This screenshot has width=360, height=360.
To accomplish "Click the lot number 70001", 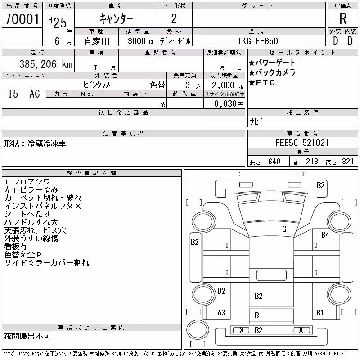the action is pos(22,19).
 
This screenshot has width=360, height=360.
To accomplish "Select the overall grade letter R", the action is pos(343,18).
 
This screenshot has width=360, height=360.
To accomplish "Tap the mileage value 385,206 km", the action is pos(46,64).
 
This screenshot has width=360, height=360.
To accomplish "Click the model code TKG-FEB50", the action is pos(258,41).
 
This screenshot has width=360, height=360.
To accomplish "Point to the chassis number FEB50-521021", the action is pos(302,143).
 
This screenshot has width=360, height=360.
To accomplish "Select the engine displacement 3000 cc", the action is pos(141,41).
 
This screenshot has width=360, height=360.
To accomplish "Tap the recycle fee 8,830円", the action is pos(229,104).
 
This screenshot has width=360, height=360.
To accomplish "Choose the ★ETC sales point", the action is pos(262,82).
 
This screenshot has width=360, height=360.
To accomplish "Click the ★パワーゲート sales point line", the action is pos(272,63).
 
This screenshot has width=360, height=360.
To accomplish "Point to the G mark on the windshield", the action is pos(284,229).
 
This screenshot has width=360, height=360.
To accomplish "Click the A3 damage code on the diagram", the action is pos(221,312).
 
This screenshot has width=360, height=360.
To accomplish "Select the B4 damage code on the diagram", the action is pos(325,234).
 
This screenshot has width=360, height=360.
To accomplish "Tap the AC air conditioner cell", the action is pos(35,94).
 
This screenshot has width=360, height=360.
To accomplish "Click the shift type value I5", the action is pos(13,94).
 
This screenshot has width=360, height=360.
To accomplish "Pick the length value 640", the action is pos(274,162).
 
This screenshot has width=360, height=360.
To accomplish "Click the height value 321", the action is pos(347,162).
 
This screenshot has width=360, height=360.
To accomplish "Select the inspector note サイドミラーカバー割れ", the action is pos(47,262).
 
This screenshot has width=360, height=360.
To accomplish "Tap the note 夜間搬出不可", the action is pos(27,336).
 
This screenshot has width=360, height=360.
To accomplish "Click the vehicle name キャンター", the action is pos(116,19).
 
